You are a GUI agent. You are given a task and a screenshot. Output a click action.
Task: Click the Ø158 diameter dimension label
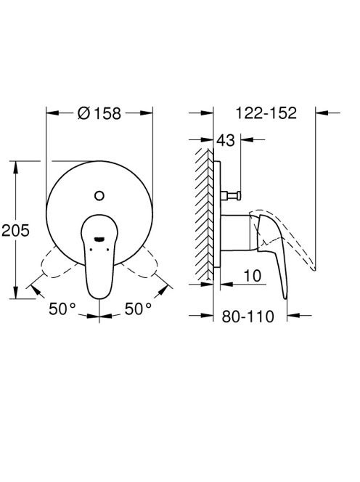pyautogui.click(x=99, y=113)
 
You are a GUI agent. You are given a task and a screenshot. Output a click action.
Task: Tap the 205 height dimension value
pyautogui.click(x=16, y=230)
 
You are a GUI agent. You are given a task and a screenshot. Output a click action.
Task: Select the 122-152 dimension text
pyautogui.click(x=266, y=113)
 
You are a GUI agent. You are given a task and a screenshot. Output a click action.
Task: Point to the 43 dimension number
pyautogui.click(x=225, y=140)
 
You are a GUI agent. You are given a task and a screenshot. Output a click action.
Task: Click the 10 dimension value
pyautogui.click(x=253, y=276)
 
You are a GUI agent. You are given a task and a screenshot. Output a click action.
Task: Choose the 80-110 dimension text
pyautogui.click(x=247, y=316)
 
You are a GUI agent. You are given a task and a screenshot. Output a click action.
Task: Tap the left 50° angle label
pyautogui.click(x=62, y=309)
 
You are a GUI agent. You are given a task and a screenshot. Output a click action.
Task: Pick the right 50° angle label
pyautogui.click(x=138, y=309)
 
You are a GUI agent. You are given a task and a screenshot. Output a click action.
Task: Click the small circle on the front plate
pyautogui.click(x=99, y=196)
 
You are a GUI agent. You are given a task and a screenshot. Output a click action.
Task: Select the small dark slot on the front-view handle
pyautogui.click(x=99, y=239)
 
